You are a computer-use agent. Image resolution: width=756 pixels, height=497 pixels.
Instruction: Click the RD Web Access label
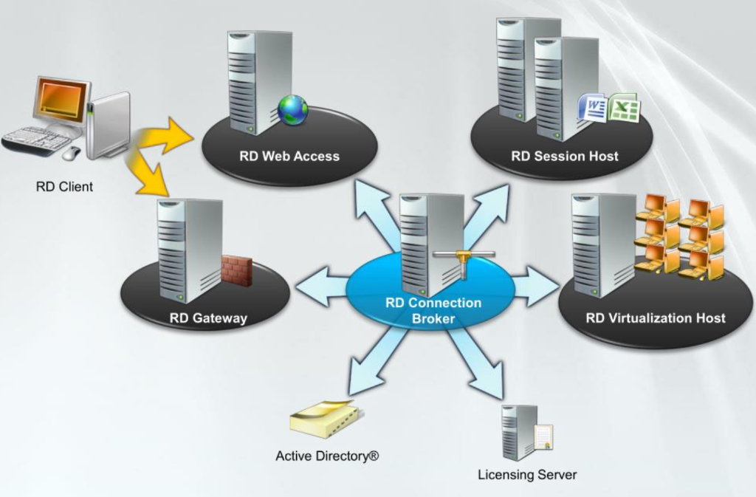point(289,156)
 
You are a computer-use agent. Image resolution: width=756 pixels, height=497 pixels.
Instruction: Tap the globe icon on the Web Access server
point(293,109)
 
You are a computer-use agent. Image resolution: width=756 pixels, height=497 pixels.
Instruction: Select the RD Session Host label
point(565,156)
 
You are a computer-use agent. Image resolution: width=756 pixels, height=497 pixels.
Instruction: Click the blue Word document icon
point(593,109)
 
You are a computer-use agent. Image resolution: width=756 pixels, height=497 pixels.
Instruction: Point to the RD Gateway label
point(208,318)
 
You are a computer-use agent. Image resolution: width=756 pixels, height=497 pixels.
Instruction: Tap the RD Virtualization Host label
point(656,318)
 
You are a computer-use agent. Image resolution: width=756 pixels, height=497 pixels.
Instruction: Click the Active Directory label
point(327,456)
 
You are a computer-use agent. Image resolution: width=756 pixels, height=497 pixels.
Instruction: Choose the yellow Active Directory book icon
point(324,421)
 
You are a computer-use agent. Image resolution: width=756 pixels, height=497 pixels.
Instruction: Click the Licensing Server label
point(527,474)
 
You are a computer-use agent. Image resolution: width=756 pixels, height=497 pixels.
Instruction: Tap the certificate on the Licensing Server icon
point(543,436)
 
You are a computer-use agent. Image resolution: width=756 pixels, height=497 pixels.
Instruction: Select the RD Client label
point(64,187)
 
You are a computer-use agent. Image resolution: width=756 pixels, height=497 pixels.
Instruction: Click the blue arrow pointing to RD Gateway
point(321,286)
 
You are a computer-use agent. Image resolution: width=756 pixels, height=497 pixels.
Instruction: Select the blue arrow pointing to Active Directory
point(374,363)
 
